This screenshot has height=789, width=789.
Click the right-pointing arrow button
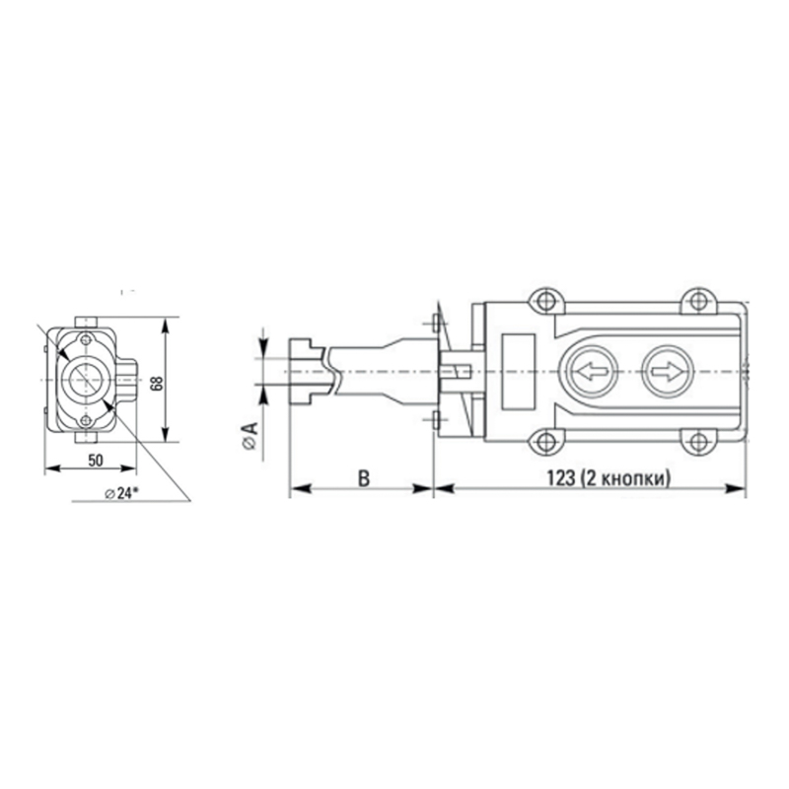pyautogui.click(x=668, y=373)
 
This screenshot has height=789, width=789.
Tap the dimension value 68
pyautogui.click(x=157, y=383)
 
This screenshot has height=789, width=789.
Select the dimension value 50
pyautogui.click(x=95, y=460)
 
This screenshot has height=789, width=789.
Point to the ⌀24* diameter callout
pyautogui.click(x=121, y=493)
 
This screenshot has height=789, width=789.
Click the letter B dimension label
pyautogui.click(x=364, y=478)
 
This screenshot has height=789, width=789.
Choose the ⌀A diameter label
pyautogui.click(x=250, y=435)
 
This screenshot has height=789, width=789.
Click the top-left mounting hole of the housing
pyautogui.click(x=545, y=302)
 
